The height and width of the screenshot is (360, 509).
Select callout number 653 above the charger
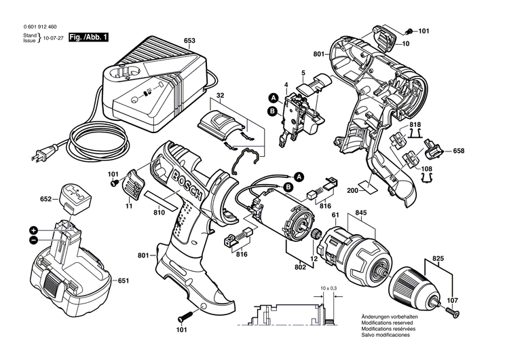point(189,41)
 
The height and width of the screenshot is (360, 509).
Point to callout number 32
point(221,95)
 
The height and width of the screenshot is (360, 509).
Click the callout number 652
point(46,199)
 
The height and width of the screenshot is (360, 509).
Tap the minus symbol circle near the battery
point(33,240)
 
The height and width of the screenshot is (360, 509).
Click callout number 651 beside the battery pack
point(124,281)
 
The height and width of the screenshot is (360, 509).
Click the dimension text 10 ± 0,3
point(329,289)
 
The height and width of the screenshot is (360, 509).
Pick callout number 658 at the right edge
point(459,151)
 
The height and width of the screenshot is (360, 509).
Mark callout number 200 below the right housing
point(352,192)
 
